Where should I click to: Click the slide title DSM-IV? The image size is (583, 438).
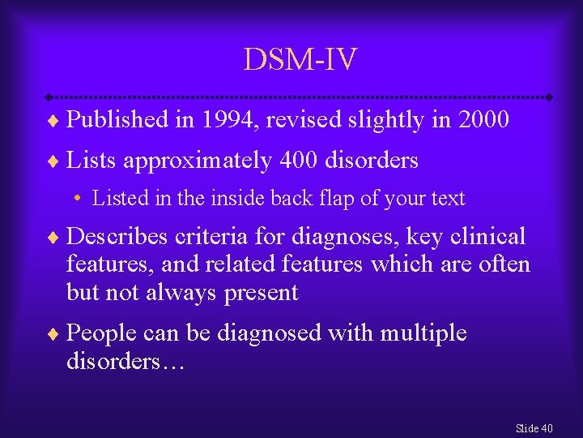pos(300,58)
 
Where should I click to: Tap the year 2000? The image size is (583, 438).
pos(483,120)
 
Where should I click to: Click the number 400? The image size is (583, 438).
pos(299,161)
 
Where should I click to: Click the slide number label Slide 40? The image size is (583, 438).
pos(534,428)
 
